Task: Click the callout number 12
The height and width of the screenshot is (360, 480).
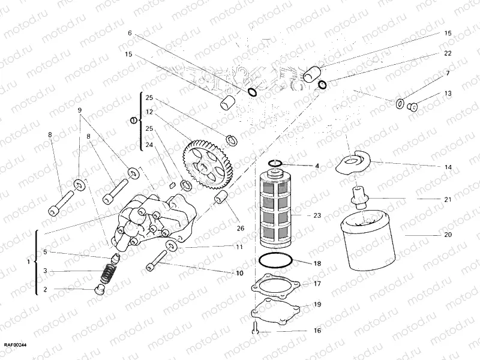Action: [149, 112]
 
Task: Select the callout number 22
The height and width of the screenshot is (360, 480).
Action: [447, 53]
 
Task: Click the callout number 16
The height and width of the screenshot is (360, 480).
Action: [317, 331]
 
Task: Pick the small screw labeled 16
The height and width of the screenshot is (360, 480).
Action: [255, 328]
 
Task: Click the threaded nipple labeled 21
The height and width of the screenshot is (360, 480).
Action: [359, 197]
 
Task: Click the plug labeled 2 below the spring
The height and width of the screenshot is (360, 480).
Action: [100, 291]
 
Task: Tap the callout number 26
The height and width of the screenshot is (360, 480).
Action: [241, 227]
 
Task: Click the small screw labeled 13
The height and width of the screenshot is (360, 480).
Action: [412, 107]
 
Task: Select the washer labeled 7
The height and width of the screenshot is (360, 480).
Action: [400, 103]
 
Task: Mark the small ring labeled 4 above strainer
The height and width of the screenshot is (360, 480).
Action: [276, 163]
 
